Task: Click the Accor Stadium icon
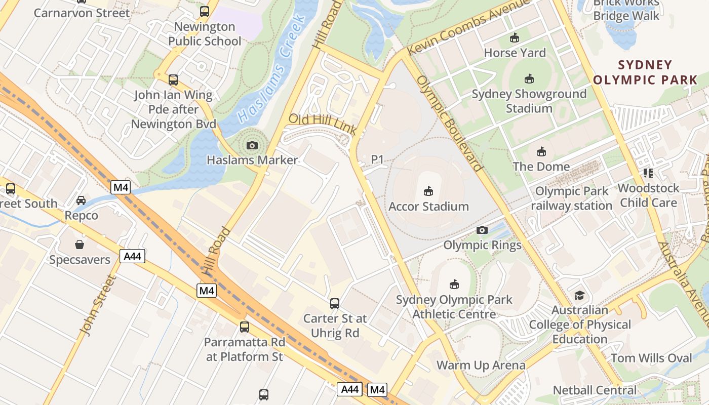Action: (428, 191)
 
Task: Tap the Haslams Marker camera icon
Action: (252, 146)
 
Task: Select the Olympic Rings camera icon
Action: (482, 230)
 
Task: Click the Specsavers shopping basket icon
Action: (80, 245)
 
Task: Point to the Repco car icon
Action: (81, 200)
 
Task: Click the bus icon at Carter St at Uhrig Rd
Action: (335, 304)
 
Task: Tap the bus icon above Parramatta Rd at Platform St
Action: (245, 327)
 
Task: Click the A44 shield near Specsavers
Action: (133, 256)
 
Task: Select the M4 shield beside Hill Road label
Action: (207, 291)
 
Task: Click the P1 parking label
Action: (377, 159)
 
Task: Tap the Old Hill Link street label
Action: (323, 124)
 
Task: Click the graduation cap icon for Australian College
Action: (579, 295)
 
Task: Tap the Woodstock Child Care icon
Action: (648, 173)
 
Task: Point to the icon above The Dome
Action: (541, 151)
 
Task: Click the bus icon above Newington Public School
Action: (205, 11)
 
